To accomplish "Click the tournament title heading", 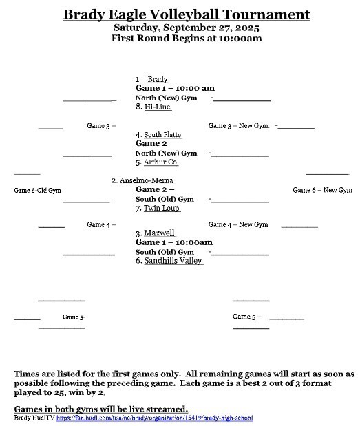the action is click(186, 14).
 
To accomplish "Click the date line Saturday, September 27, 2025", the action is click(186, 28).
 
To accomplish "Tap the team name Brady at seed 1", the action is click(158, 80).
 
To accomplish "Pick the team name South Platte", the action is click(162, 135).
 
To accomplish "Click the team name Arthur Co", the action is click(160, 162).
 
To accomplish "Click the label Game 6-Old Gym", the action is click(37, 190).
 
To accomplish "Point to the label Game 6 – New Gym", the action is click(322, 190).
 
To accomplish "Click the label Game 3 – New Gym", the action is click(239, 126).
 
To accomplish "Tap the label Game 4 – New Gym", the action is click(238, 225).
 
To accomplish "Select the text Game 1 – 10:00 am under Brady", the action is click(175, 89).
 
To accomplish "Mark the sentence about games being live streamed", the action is click(100, 409).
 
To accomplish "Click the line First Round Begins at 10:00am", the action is click(186, 39).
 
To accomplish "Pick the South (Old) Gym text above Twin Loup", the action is click(165, 199).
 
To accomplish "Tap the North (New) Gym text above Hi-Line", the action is click(166, 98).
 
